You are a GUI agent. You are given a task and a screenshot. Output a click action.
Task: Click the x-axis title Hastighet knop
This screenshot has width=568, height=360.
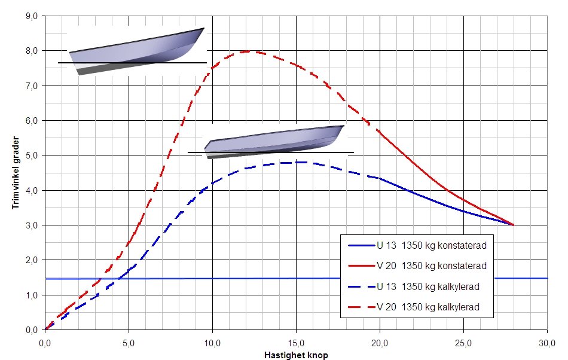[296, 355]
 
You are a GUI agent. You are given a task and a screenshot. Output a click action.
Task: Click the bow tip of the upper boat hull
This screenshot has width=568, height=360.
[204, 28]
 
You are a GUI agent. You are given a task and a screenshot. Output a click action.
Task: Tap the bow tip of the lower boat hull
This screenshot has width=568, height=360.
[344, 126]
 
